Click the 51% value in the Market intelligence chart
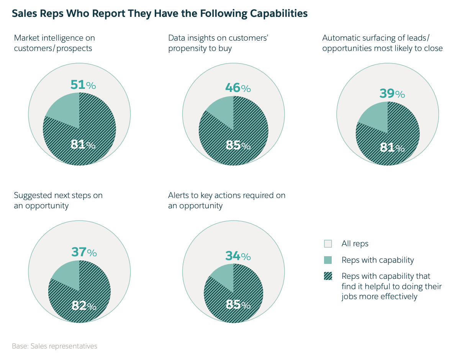pos(83,85)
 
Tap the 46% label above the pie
pos(238,88)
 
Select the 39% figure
pos(392,93)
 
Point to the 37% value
pos(84,252)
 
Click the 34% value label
pos(238,256)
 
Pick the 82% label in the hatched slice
pos(84,306)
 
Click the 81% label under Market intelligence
pos(83,145)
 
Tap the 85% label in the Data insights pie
pos(238,146)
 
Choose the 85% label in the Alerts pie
pos(238,305)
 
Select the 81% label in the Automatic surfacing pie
pos(392,147)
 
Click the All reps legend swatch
pos(328,244)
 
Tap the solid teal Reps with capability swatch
pos(328,260)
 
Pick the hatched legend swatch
pos(328,276)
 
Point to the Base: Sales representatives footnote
pos(54,346)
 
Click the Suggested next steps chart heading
pos(58,200)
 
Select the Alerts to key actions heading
pos(226,200)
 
